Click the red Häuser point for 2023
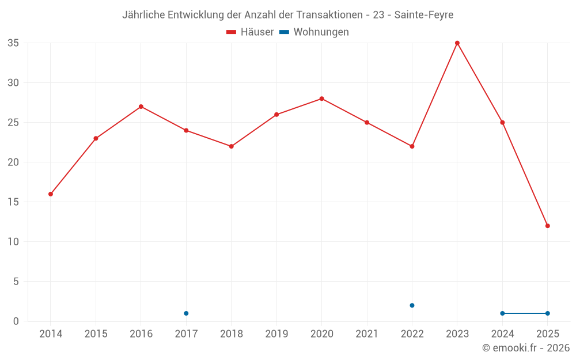coord(457,43)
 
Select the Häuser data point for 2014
coord(51,194)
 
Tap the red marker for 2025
coord(548,226)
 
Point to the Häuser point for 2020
coord(322,98)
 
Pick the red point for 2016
coord(141,107)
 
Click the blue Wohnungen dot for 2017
coord(186,313)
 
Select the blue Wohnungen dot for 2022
coord(412,305)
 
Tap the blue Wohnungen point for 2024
coord(503,313)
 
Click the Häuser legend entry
coord(250,32)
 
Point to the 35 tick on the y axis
coord(13,43)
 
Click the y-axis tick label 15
coord(13,202)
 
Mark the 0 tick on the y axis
coord(16,321)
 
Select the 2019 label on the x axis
coord(276,334)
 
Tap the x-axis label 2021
coord(367,334)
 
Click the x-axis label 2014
coord(51,334)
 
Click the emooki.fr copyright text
coord(526,348)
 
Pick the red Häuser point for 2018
coord(232,146)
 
